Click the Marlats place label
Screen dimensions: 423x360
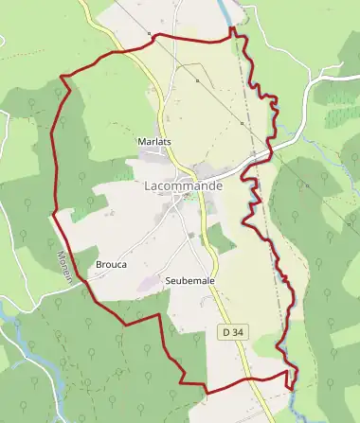[x=153, y=142]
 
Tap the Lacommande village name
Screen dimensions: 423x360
[x=184, y=186]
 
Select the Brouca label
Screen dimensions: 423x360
[x=111, y=265]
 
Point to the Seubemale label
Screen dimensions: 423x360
[x=189, y=282]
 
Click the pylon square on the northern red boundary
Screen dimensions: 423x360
[x=150, y=35]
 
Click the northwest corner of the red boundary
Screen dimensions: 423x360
[x=62, y=77]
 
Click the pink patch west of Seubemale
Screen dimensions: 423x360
[x=147, y=282]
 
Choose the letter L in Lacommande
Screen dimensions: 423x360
[x=149, y=186]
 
